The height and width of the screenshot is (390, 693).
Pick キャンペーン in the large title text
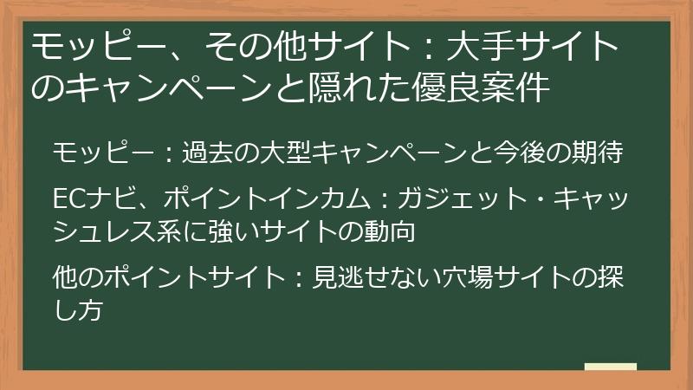pyautogui.click(x=146, y=88)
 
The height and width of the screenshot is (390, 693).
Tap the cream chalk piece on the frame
pyautogui.click(x=612, y=367)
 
